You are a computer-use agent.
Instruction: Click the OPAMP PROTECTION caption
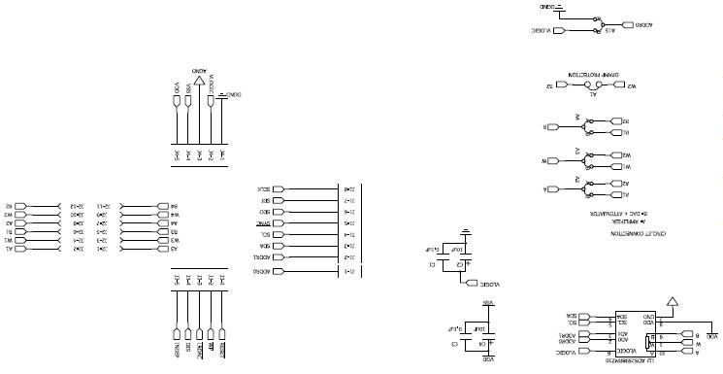pos(594,73)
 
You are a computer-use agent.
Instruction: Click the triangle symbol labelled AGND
pos(200,83)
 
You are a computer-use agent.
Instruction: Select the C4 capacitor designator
pos(482,344)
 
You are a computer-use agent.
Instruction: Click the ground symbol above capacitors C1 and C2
pos(467,233)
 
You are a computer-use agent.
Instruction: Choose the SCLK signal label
pos(265,188)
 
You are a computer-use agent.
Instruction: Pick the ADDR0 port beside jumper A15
pos(644,22)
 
